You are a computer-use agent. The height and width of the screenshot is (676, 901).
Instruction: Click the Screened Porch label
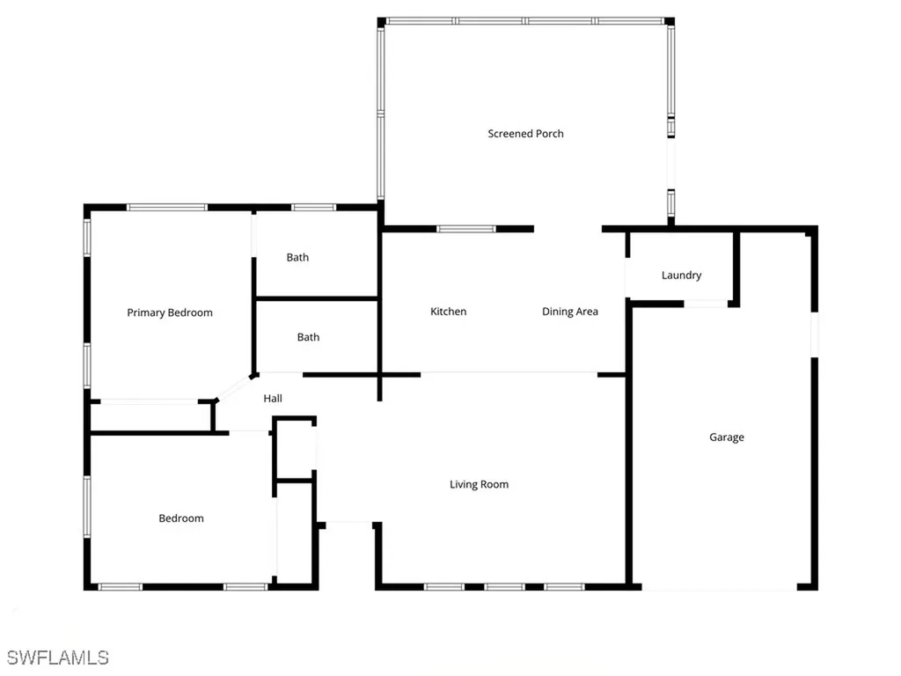525,134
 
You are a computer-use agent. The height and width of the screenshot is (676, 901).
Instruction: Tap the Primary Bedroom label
170,312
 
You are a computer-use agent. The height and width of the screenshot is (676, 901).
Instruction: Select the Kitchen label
448,312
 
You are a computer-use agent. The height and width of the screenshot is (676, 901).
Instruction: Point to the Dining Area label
569,312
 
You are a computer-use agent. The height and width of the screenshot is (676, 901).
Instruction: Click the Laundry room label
681,276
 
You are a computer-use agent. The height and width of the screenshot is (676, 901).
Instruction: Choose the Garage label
727,437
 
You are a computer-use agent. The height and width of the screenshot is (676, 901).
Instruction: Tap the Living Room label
479,484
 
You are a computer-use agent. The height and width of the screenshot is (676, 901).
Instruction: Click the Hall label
273,399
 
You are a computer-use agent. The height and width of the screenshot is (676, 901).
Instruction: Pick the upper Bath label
297,258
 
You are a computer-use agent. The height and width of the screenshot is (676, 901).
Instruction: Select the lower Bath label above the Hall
308,337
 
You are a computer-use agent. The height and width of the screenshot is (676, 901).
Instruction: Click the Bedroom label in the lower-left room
181,518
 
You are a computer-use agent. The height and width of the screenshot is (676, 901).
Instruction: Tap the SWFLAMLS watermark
57,658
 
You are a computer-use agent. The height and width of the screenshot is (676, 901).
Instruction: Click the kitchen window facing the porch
466,230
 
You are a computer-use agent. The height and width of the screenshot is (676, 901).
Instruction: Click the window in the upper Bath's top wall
313,208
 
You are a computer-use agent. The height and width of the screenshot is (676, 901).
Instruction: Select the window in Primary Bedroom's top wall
167,208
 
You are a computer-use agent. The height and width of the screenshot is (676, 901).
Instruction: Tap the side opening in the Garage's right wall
814,334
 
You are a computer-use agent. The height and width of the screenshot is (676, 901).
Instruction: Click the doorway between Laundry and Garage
706,304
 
